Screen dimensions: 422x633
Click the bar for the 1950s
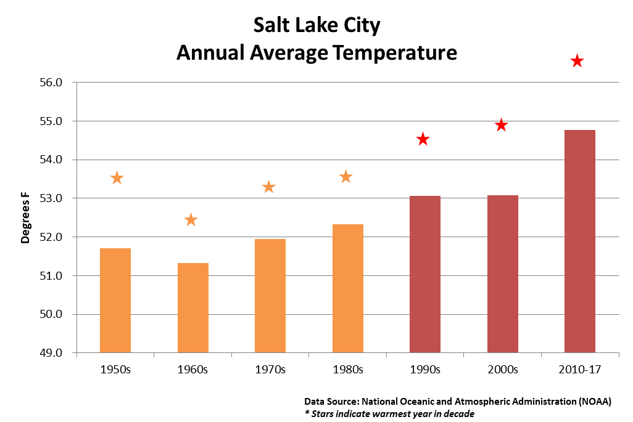(x=115, y=301)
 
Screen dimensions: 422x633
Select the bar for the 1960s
(x=192, y=308)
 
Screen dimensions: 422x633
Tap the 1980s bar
(x=348, y=288)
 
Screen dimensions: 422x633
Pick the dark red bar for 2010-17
(x=580, y=241)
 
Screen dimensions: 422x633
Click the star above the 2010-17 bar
(x=577, y=61)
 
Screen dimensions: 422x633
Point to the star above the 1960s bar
(x=191, y=220)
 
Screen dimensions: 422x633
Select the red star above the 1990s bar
(x=423, y=139)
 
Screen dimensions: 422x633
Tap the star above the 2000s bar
(x=501, y=125)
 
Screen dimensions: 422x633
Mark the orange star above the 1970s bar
(x=269, y=187)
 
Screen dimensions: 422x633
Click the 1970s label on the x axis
(x=270, y=370)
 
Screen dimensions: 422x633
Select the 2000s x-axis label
(x=502, y=370)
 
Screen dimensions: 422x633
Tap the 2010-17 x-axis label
(x=579, y=370)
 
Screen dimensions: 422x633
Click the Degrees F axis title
(x=25, y=217)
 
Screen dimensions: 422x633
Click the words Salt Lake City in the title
(x=316, y=26)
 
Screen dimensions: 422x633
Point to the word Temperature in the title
(x=395, y=52)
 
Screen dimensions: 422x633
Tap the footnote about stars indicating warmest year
(x=389, y=413)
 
